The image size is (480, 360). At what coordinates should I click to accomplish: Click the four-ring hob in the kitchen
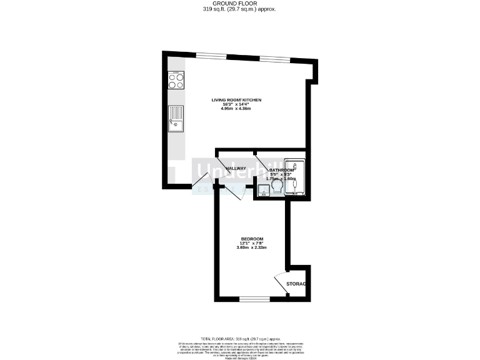(176, 81)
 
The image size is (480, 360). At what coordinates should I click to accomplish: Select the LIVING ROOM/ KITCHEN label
(236, 100)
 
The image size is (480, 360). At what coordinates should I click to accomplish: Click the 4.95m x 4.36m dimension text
(236, 109)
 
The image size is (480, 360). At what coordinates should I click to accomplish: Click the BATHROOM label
(281, 170)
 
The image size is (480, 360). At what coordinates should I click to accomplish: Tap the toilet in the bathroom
(277, 184)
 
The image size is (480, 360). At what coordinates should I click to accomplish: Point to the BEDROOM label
(252, 239)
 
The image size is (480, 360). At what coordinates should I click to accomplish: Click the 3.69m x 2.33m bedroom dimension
(252, 247)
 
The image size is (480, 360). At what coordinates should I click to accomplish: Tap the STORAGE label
(296, 284)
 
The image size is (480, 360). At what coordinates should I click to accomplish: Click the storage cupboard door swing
(280, 281)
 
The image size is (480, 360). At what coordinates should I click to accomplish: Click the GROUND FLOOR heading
(239, 4)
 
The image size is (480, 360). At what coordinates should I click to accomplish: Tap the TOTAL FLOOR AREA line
(239, 337)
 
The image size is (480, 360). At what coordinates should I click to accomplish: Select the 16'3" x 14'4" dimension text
(236, 104)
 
